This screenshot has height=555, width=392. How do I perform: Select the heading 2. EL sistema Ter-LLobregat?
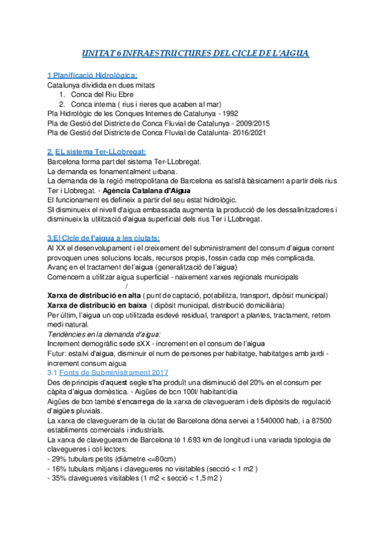click(x=97, y=152)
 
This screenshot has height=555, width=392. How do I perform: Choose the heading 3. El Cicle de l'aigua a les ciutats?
click(x=104, y=238)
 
